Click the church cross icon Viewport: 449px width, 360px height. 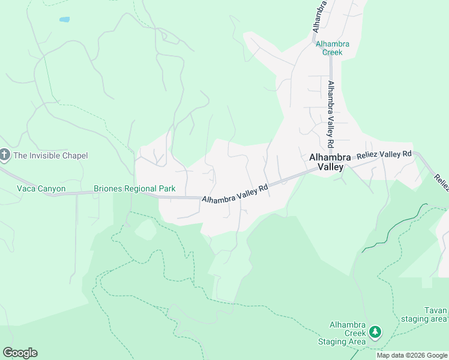[5, 155]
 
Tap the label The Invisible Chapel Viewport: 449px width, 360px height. [51, 156]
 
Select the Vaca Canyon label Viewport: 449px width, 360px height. [41, 188]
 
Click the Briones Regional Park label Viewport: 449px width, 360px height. [134, 188]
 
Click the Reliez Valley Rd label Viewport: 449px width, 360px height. [384, 155]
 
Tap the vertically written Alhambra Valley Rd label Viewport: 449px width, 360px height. [330, 115]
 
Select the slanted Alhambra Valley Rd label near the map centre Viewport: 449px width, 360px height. [235, 193]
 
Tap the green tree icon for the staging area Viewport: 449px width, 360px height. [375, 331]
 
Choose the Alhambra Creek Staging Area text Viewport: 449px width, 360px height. [347, 334]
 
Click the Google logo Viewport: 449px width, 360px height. [20, 353]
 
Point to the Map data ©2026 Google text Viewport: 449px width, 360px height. [411, 355]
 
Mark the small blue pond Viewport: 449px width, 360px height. [64, 19]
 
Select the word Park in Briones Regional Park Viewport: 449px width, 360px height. [166, 188]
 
